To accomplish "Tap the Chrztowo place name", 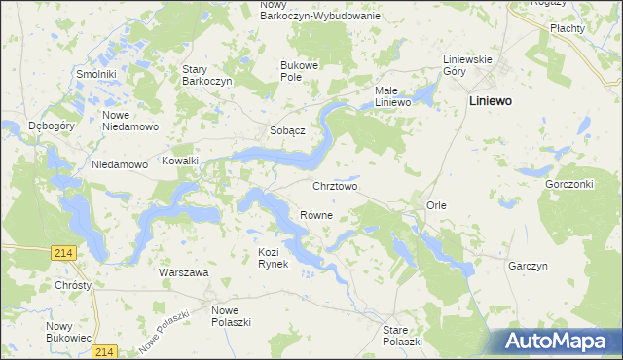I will tap(335, 185).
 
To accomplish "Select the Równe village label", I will tap(316, 215).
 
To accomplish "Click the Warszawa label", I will tap(184, 273).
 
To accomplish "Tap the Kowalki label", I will tap(180, 162).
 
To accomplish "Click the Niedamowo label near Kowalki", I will tap(119, 164).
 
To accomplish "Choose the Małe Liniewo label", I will tap(395, 96).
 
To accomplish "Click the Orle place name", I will tap(436, 205).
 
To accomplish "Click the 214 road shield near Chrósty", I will tap(64, 253).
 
